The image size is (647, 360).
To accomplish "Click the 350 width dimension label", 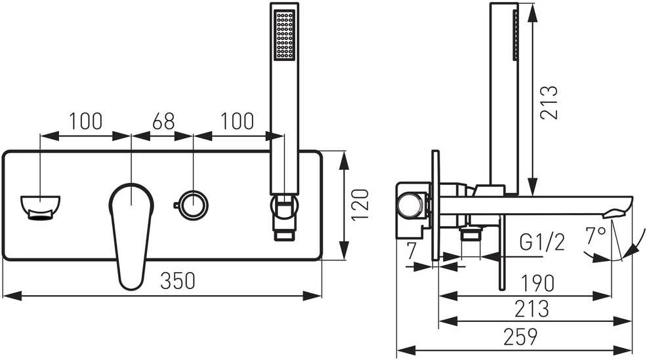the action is [177, 281].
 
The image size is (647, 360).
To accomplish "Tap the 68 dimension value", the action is [163, 121].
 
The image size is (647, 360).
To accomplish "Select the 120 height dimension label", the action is [360, 205].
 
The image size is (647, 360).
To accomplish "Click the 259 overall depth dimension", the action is [520, 337].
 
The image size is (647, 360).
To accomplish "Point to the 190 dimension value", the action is [537, 283].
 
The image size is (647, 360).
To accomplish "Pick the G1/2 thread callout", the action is [542, 242].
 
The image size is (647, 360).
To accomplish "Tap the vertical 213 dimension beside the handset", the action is [549, 103].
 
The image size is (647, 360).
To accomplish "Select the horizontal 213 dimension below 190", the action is [532, 309].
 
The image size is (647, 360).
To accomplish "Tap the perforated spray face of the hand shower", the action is [285, 35].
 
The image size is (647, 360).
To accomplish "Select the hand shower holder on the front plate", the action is [284, 216].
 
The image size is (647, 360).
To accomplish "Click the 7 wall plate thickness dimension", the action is [410, 252].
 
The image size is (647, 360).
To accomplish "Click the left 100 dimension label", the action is [85, 121].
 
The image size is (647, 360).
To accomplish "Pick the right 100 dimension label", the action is [238, 121].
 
